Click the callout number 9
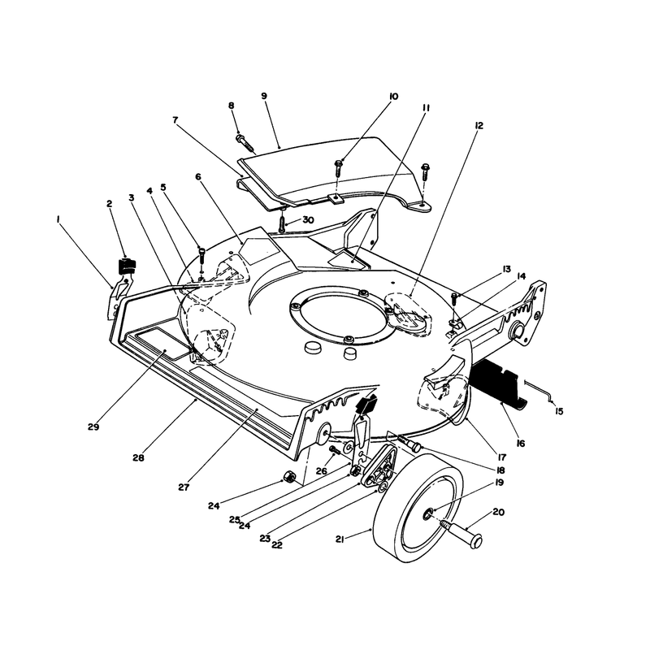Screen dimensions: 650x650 click(264, 96)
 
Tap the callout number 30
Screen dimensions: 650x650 click(308, 219)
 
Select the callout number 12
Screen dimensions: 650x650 click(479, 125)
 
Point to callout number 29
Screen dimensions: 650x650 click(93, 427)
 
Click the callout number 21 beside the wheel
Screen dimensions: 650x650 click(340, 539)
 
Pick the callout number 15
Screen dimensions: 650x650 click(559, 411)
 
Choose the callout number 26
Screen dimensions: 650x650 click(321, 471)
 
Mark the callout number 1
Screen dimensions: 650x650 click(58, 219)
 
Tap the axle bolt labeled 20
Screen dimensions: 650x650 click(464, 533)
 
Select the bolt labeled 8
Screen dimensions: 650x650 click(245, 142)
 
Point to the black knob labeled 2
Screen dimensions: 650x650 click(128, 266)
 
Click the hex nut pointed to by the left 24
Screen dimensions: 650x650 click(289, 477)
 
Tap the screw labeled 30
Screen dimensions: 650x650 click(282, 225)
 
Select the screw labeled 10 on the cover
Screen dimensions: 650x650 click(339, 169)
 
